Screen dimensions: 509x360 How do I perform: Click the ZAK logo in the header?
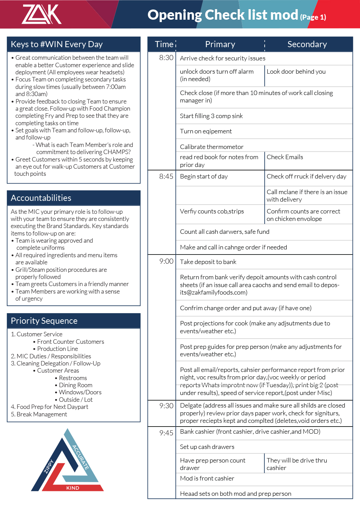tap(41, 14)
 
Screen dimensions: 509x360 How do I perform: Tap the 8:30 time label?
tap(166, 58)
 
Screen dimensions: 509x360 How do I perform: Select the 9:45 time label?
tap(166, 433)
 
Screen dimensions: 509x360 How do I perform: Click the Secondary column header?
tap(307, 44)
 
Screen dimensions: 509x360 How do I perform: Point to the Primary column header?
tap(220, 44)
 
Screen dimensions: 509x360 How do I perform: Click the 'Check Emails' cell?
tap(285, 157)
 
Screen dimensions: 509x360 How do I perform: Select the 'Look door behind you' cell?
tap(296, 72)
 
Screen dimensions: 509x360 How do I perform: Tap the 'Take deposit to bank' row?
tap(208, 262)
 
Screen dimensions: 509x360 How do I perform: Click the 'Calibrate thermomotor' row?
tap(211, 147)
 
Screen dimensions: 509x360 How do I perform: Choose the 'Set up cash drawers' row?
tap(207, 447)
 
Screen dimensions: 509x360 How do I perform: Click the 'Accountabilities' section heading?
tap(41, 198)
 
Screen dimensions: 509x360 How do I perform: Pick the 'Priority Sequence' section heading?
tap(44, 321)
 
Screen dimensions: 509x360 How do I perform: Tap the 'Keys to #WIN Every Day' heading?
tap(57, 44)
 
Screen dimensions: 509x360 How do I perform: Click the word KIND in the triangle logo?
tap(73, 488)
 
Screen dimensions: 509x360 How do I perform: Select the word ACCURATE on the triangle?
tap(80, 457)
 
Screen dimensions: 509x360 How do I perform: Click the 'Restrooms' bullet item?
tap(73, 378)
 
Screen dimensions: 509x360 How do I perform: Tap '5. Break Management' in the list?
tap(39, 414)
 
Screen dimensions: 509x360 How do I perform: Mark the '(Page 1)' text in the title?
tap(313, 17)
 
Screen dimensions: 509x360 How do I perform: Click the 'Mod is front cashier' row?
tap(207, 478)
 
